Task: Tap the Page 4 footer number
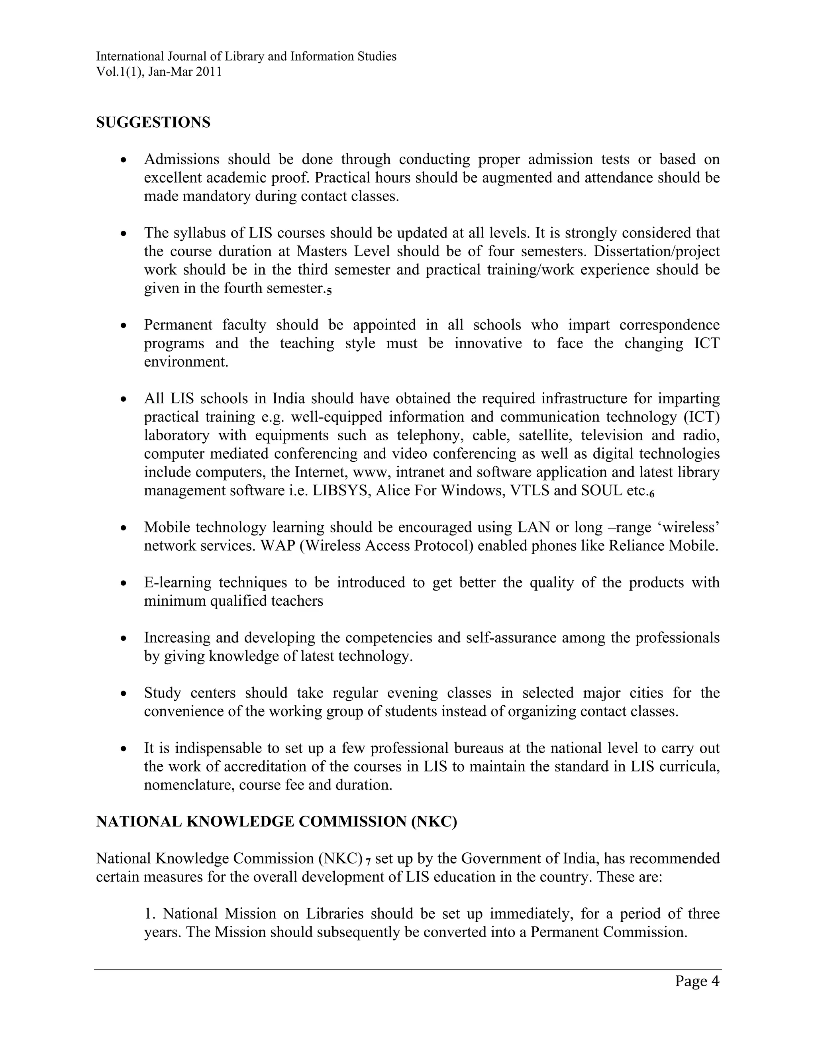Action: tap(697, 981)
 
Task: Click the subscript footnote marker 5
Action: tap(329, 291)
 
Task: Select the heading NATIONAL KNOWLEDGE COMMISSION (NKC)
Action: tap(276, 822)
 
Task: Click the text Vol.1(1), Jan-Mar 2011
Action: tap(159, 72)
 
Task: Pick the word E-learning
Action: tap(177, 583)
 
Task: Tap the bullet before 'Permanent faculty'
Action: tap(124, 326)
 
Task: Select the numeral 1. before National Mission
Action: tap(149, 914)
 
